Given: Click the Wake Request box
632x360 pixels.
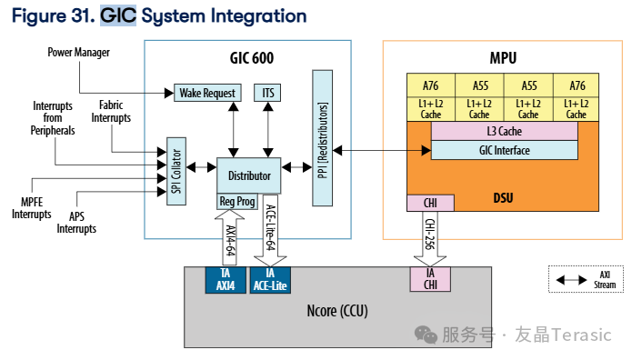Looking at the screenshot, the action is click(207, 93).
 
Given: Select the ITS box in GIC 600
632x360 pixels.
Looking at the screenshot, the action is click(267, 93).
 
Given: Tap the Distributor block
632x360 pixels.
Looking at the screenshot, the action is click(248, 175).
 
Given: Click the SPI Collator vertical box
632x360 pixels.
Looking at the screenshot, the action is click(176, 171).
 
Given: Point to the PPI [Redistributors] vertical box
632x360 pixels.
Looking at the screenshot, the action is click(323, 138).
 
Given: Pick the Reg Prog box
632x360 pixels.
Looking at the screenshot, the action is click(237, 202).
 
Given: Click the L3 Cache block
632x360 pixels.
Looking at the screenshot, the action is click(504, 131).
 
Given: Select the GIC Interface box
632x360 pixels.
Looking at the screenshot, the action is click(504, 150).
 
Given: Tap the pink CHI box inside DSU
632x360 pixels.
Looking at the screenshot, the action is click(430, 203).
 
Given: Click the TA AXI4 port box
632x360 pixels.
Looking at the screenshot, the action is click(226, 280).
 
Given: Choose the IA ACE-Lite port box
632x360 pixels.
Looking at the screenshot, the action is click(270, 280).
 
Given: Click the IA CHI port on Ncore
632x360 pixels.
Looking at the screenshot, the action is click(430, 279).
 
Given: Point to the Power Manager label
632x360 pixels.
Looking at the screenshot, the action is click(78, 53).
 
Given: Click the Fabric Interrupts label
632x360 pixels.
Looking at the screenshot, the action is click(111, 111).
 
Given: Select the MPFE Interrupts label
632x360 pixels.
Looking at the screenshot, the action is click(32, 208).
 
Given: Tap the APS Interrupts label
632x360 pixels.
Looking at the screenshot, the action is click(76, 223).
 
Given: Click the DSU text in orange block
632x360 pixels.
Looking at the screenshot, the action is click(503, 198).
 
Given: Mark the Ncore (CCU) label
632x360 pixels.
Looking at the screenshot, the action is click(337, 311).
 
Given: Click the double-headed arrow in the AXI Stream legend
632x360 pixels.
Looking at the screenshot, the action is click(571, 280).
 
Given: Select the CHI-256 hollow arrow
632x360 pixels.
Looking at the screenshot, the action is click(430, 239).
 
